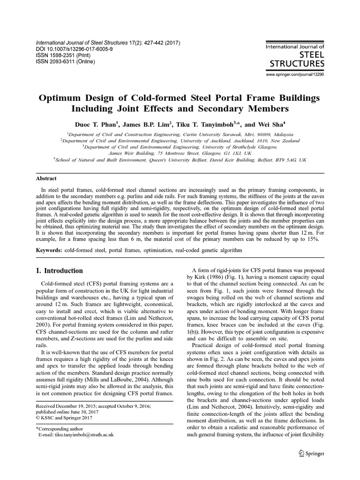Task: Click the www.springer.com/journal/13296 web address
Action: [295, 75]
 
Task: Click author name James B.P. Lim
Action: [144, 125]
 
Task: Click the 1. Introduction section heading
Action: [60, 270]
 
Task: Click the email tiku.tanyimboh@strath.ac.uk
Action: [76, 435]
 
